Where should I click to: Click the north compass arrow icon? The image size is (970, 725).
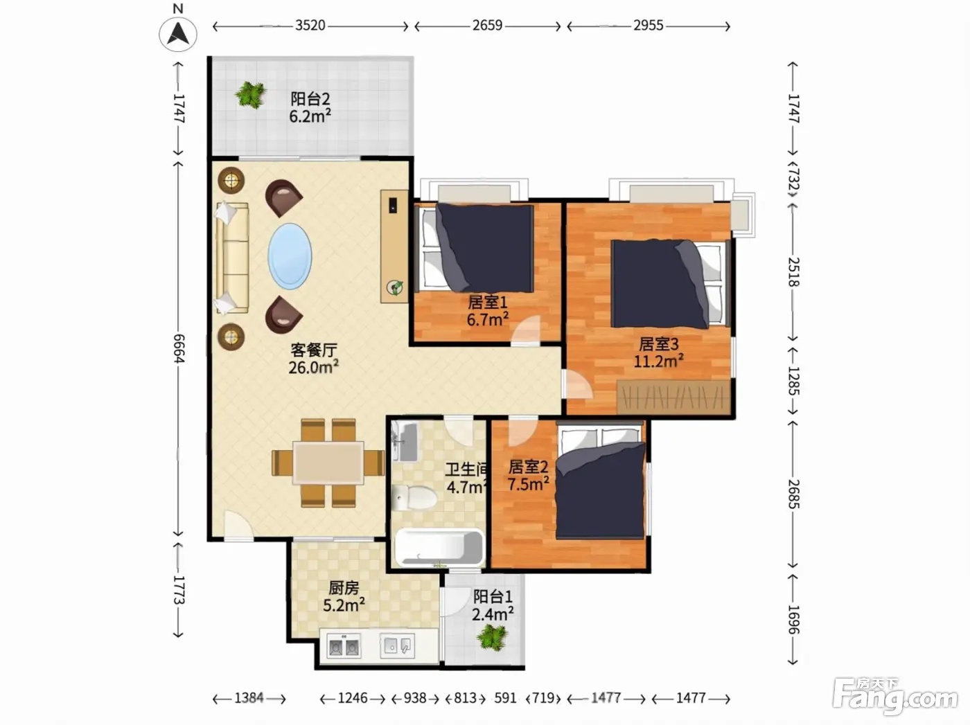177,34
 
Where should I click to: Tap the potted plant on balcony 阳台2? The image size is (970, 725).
251,94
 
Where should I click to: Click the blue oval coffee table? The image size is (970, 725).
290,256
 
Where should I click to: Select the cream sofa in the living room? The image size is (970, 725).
232,258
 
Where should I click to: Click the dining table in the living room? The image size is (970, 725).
328,463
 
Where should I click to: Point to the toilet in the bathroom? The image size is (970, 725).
414,498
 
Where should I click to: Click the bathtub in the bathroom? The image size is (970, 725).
439,548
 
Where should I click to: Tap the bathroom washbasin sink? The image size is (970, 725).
405,442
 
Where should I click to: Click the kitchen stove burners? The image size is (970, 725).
344,647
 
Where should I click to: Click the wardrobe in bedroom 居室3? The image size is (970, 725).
673,397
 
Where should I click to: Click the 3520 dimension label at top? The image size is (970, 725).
310,26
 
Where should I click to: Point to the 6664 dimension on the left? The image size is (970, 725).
179,348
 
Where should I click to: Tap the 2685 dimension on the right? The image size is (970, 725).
794,494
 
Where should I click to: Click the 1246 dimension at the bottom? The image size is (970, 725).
353,698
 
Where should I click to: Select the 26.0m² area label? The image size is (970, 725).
313,367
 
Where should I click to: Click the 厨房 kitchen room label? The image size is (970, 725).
344,588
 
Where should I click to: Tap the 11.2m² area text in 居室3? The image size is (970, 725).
659,361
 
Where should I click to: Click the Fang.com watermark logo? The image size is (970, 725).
895,697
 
